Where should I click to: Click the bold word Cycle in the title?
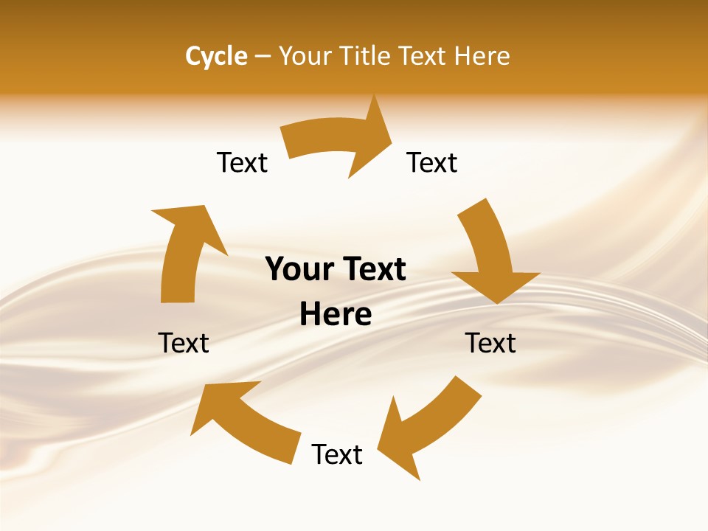[216, 56]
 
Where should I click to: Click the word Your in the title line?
[304, 56]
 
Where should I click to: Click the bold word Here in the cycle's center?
[336, 314]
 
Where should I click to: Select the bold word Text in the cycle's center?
[372, 269]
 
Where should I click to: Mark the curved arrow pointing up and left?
[243, 420]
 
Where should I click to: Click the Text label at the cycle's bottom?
[337, 454]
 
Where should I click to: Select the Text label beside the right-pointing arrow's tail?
[242, 162]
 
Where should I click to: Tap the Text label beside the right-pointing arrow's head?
[432, 162]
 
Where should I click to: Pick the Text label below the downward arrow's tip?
[490, 343]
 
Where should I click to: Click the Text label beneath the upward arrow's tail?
[184, 343]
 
